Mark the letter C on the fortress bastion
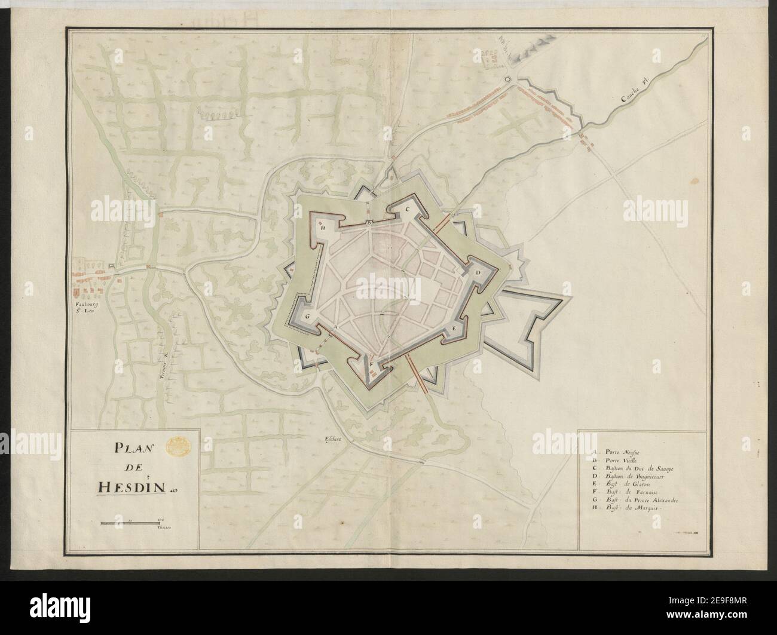[x=407, y=209]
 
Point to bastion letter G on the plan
[x=308, y=317]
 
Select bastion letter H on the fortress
[x=322, y=228]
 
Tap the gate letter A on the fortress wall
[x=337, y=328]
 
